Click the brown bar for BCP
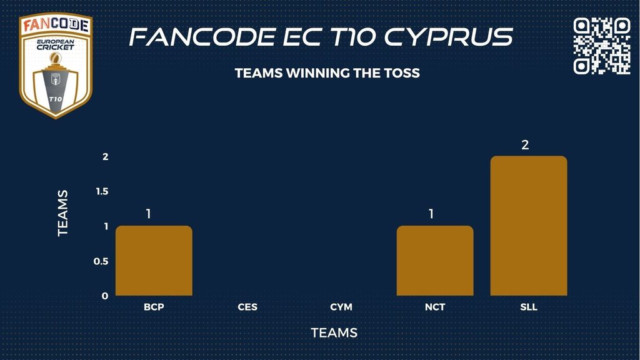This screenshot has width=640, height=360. [x=154, y=261]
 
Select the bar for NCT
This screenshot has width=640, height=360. [x=435, y=261]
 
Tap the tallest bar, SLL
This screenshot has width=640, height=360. [x=529, y=226]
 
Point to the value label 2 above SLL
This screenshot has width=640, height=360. [x=525, y=144]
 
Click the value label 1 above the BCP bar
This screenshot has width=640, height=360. [x=149, y=214]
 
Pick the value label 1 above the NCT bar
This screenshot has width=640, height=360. [x=431, y=214]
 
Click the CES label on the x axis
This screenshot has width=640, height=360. [x=247, y=307]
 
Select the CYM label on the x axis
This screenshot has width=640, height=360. [x=341, y=307]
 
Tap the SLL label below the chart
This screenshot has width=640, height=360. [x=529, y=307]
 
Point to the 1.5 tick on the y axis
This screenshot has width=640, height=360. [x=102, y=191]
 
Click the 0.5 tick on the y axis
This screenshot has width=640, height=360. [x=101, y=261]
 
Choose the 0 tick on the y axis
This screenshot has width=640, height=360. [x=105, y=296]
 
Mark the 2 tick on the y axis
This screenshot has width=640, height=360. [x=105, y=156]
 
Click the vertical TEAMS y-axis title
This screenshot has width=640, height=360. [x=62, y=213]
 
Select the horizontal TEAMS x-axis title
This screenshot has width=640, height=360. [x=334, y=333]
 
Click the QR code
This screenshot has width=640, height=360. [x=602, y=46]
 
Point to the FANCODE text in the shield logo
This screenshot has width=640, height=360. [x=56, y=25]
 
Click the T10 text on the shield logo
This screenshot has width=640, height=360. [x=55, y=99]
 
